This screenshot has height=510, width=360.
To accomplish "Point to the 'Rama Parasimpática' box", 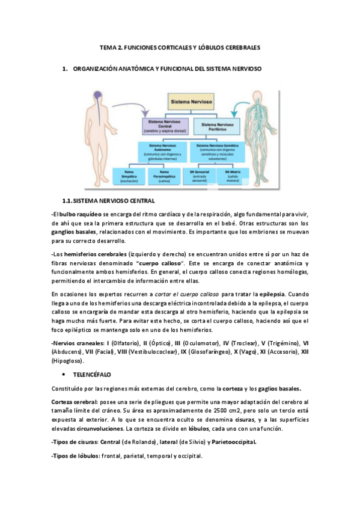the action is click(163, 176).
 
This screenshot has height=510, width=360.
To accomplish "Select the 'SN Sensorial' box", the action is click(199, 176).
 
